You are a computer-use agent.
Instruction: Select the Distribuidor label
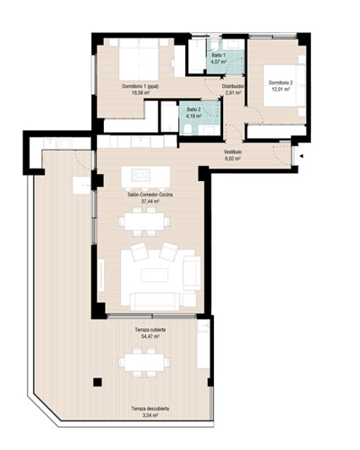[x=233, y=85]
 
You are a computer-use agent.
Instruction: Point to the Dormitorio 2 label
[x=280, y=82]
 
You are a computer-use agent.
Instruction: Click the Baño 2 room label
[x=194, y=109]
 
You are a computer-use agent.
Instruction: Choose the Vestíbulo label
[x=233, y=151]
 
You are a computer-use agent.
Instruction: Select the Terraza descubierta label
[x=150, y=409]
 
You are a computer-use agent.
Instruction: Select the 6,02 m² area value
[x=233, y=158]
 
